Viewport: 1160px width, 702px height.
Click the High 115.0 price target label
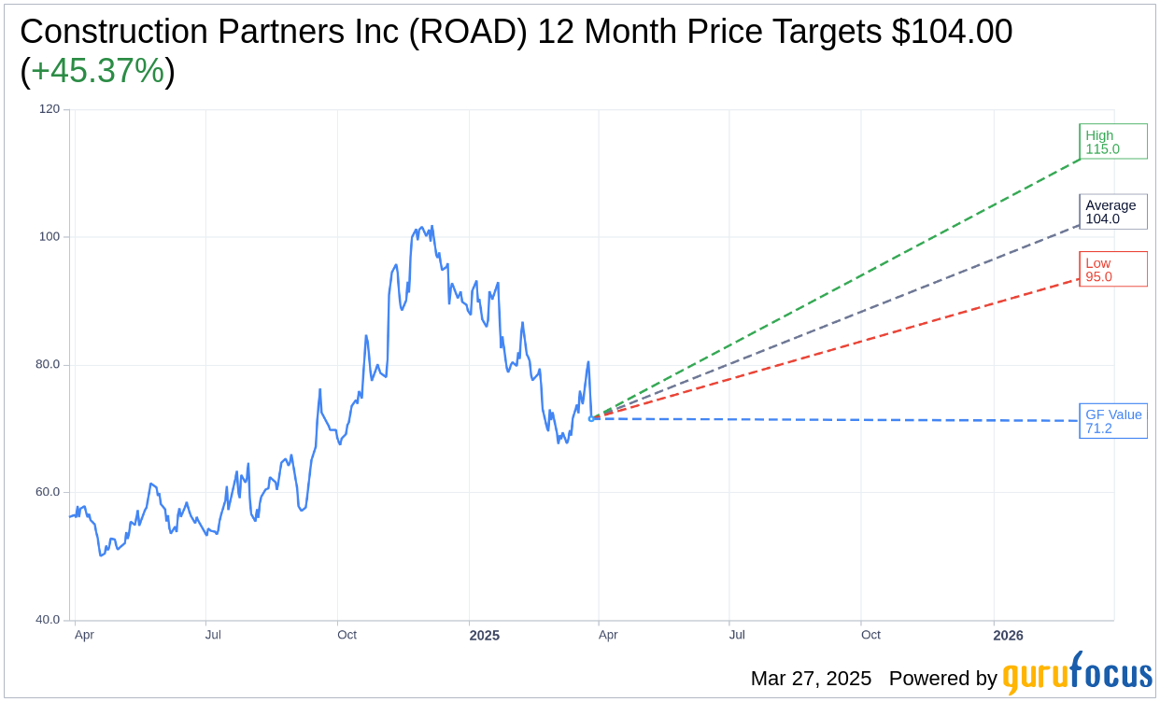click(x=1112, y=142)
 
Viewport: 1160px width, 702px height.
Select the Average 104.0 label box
click(x=1112, y=212)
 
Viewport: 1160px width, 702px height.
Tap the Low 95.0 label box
click(x=1112, y=270)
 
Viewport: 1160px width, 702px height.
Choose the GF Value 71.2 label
click(x=1112, y=421)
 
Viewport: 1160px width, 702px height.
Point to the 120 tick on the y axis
click(x=50, y=109)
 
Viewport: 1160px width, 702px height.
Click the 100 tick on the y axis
click(x=50, y=237)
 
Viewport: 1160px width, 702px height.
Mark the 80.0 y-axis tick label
click(x=48, y=365)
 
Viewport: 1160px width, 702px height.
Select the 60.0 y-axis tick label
click(x=48, y=492)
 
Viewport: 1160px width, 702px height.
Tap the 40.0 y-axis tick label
click(x=48, y=620)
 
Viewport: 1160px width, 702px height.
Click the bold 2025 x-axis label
click(x=484, y=636)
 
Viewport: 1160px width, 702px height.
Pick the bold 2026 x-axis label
click(x=1008, y=636)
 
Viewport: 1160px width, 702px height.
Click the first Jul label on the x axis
click(x=213, y=635)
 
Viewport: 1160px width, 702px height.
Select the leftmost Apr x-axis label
click(x=84, y=635)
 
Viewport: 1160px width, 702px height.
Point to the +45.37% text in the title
click(x=97, y=71)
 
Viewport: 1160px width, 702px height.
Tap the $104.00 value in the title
click(x=952, y=32)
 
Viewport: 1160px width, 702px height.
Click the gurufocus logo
click(x=1077, y=674)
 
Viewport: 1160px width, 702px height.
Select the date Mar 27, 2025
click(x=811, y=679)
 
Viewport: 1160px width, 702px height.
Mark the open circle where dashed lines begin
click(x=591, y=418)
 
